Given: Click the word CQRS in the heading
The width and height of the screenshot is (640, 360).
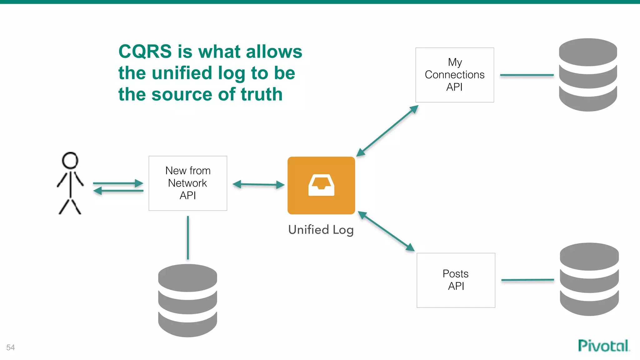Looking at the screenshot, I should (145, 52).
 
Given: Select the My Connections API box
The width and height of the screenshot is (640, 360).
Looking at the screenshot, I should (454, 75).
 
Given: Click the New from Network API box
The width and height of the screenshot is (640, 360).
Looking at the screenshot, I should (188, 183).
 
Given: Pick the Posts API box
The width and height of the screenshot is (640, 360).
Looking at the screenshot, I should (456, 280).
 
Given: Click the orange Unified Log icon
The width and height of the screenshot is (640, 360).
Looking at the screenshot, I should (321, 185).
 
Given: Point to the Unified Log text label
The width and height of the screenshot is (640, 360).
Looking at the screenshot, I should (321, 230).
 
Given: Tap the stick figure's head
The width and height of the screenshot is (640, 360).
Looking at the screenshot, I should (70, 161).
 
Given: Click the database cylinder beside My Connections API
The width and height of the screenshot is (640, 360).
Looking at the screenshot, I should (588, 75).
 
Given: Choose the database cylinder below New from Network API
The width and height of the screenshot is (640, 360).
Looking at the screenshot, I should (187, 300).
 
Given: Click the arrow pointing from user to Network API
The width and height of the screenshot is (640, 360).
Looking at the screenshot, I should (118, 183).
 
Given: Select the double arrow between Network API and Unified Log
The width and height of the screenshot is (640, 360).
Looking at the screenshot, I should (258, 185).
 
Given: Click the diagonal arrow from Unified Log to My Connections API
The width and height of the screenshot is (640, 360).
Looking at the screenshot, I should (387, 131).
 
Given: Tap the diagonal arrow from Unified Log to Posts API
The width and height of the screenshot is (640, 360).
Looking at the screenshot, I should (386, 231).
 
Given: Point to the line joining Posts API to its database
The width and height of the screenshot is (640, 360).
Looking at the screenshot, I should (527, 280).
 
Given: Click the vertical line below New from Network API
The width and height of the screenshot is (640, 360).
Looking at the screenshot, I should (188, 237).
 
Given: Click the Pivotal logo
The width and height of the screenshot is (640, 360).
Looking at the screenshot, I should (603, 346).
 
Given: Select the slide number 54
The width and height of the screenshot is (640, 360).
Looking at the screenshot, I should (11, 347).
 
